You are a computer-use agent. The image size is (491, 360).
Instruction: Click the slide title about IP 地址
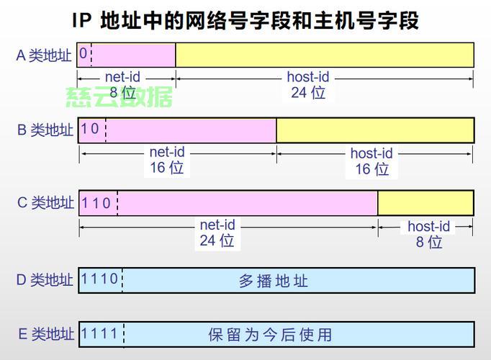245,19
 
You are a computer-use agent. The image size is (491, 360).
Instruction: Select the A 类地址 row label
44,55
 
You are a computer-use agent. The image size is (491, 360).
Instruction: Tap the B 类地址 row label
45,130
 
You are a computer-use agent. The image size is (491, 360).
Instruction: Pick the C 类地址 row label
45,203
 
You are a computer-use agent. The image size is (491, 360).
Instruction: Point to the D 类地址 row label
45,280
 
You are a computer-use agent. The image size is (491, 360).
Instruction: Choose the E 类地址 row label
45,334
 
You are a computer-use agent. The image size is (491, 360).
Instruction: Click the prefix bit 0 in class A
84,54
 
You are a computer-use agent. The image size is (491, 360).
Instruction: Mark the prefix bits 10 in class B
90,129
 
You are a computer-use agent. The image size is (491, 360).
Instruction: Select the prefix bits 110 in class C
96,203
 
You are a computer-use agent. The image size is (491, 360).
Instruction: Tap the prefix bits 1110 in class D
100,279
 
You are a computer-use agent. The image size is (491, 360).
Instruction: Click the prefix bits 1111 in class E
100,333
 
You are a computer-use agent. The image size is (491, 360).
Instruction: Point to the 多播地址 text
274,281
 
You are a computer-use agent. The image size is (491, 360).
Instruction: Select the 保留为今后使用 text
270,335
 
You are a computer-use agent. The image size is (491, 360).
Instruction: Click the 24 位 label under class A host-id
308,92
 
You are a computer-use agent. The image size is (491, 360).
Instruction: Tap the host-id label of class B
371,153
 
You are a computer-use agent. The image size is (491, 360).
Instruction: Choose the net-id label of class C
217,225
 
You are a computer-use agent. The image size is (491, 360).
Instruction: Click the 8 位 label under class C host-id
429,242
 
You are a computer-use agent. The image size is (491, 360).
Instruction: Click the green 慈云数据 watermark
119,96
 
